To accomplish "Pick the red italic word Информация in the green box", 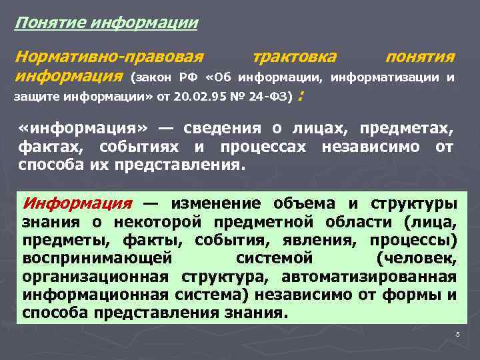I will click(x=77, y=203).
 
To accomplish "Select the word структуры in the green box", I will click(x=423, y=203).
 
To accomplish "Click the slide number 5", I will click(x=458, y=334).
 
